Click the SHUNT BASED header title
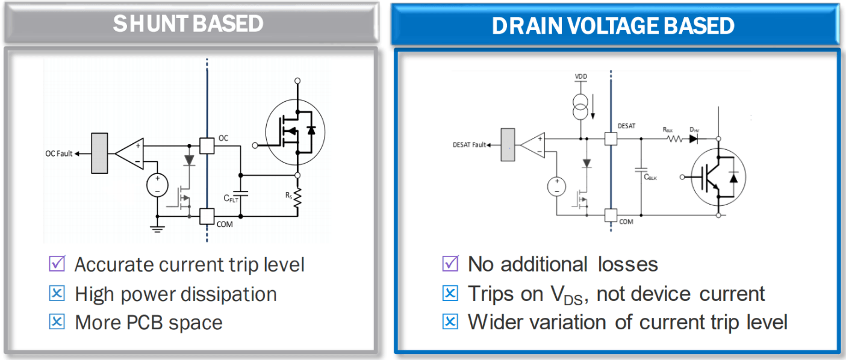188,23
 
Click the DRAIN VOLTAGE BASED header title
614,25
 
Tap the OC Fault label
59,154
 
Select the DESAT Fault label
470,144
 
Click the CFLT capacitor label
231,198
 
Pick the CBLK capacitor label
650,177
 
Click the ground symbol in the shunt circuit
157,228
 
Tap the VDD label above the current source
581,78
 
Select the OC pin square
207,145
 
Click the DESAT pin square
611,138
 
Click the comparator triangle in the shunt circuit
129,154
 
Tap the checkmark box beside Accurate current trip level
57,264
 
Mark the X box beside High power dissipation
57,293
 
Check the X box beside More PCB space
57,322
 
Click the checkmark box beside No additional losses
450,264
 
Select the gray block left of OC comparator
99,154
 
